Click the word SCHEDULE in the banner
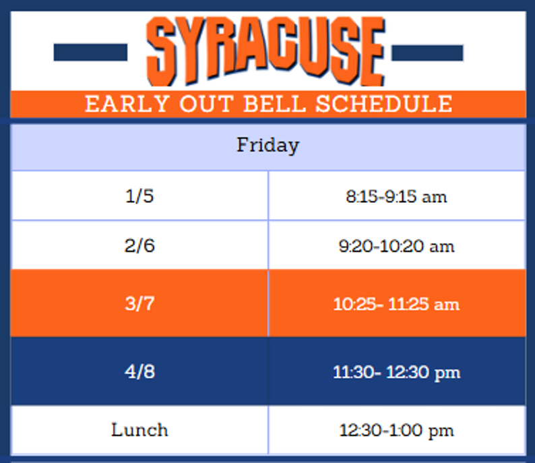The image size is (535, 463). (384, 104)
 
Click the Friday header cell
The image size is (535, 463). (267, 146)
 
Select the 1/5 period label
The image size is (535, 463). (139, 196)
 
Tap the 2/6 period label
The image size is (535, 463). (139, 246)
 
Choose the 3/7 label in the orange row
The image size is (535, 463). (139, 303)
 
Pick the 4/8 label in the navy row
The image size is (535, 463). (139, 371)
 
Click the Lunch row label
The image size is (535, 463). (139, 430)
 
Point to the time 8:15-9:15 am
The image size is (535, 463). (396, 197)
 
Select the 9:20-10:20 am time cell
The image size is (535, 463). (396, 247)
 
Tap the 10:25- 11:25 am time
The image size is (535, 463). (396, 304)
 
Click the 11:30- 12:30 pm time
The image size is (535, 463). (396, 372)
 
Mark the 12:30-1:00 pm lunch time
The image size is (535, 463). (396, 431)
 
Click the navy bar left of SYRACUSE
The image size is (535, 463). (90, 53)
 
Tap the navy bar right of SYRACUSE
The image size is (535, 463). (427, 53)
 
